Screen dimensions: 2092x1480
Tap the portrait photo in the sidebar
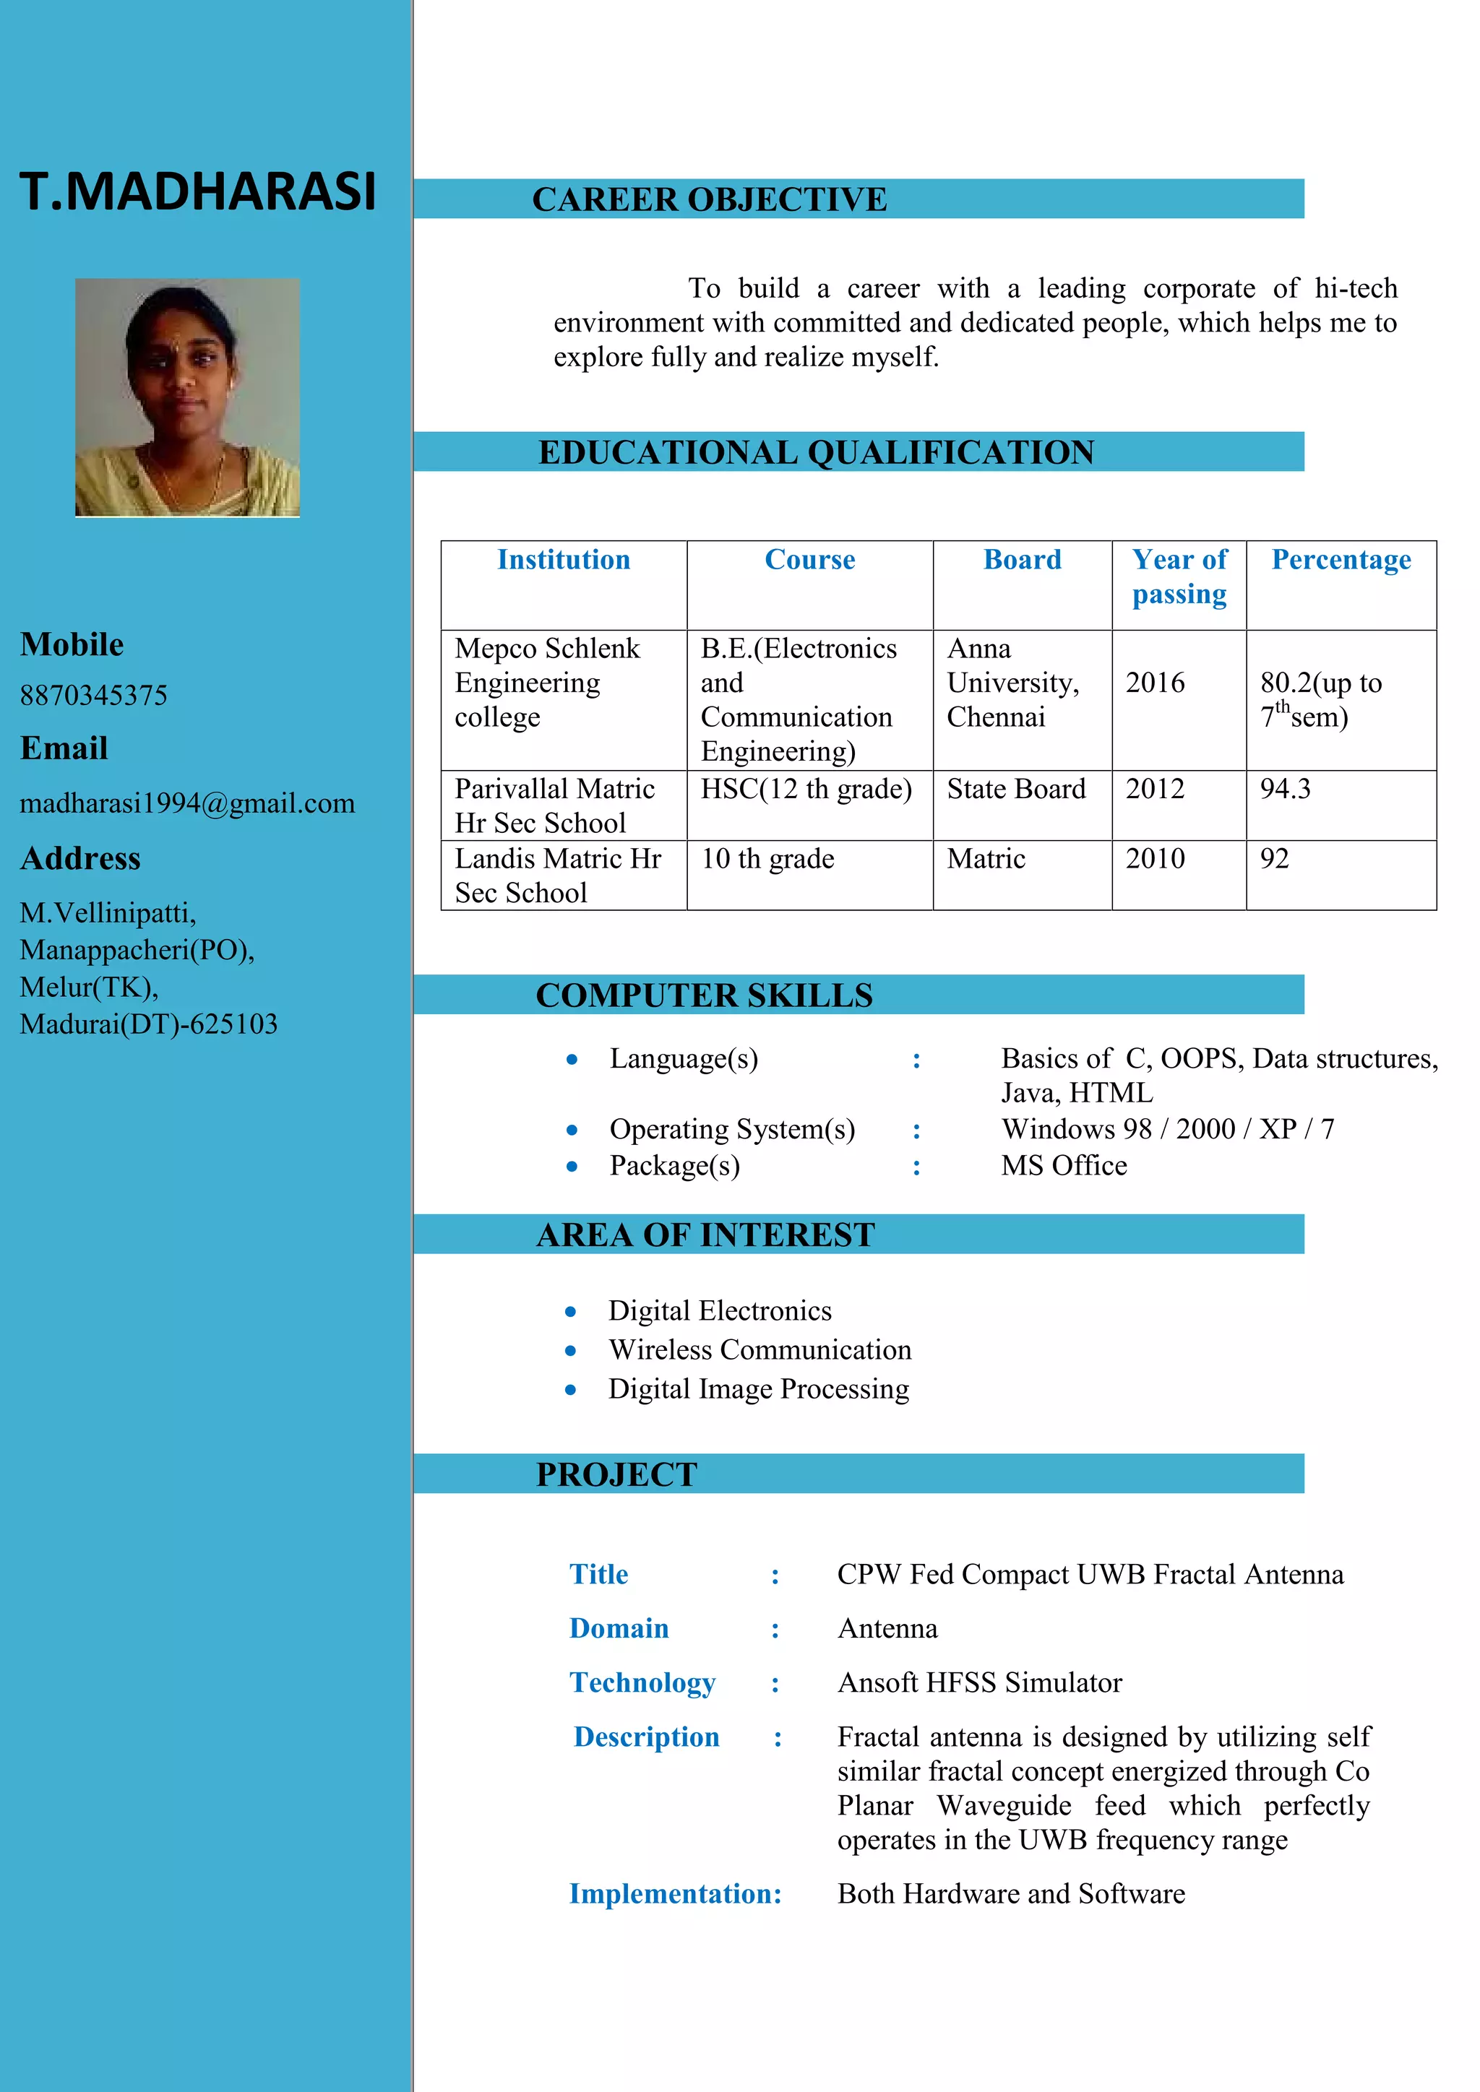point(187,397)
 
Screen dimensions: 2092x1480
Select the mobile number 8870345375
point(94,695)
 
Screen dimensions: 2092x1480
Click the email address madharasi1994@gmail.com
point(187,803)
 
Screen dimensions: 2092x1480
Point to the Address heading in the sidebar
point(80,858)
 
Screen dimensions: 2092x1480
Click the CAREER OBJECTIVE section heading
point(709,199)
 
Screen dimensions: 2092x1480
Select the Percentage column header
point(1341,559)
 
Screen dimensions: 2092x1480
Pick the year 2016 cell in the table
point(1155,683)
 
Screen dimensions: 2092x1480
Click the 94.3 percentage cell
point(1285,789)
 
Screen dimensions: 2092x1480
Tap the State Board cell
point(1016,789)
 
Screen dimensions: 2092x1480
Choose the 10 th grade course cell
point(767,858)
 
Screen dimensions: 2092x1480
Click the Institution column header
point(563,559)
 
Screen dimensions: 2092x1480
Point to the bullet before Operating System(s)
point(572,1131)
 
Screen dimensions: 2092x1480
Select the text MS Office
point(1064,1165)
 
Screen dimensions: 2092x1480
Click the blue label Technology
point(642,1682)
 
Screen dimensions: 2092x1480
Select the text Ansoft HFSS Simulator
point(980,1682)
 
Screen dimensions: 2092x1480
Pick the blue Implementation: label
point(675,1893)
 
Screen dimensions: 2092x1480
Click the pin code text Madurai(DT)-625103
point(149,1024)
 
